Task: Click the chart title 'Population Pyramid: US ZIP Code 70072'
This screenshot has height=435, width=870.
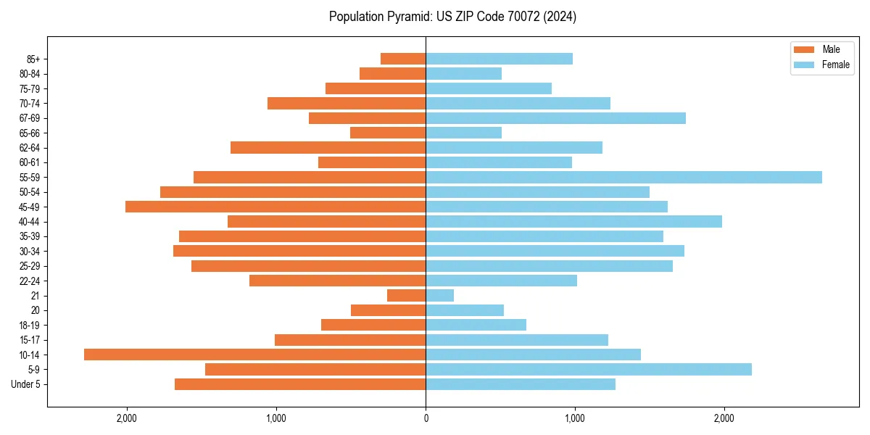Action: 452,17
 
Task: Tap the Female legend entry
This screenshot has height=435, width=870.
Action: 821,65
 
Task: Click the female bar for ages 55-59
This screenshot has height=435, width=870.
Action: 623,178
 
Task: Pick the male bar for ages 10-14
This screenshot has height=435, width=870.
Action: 254,355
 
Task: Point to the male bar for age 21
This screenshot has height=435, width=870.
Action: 406,296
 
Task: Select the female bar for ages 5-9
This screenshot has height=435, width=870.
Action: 588,370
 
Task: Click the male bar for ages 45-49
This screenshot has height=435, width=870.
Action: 275,207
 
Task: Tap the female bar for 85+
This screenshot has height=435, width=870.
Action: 499,59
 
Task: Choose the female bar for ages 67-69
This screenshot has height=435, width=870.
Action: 555,118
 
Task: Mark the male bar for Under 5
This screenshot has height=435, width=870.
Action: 300,384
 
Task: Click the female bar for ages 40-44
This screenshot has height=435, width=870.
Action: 573,222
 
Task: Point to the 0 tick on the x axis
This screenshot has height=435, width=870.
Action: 426,418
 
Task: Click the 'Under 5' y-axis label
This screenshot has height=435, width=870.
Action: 25,384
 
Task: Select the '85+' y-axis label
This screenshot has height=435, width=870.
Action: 33,59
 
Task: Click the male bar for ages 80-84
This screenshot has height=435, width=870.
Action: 392,74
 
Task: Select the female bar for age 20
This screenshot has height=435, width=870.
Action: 465,310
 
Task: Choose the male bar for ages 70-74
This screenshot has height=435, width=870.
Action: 347,104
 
